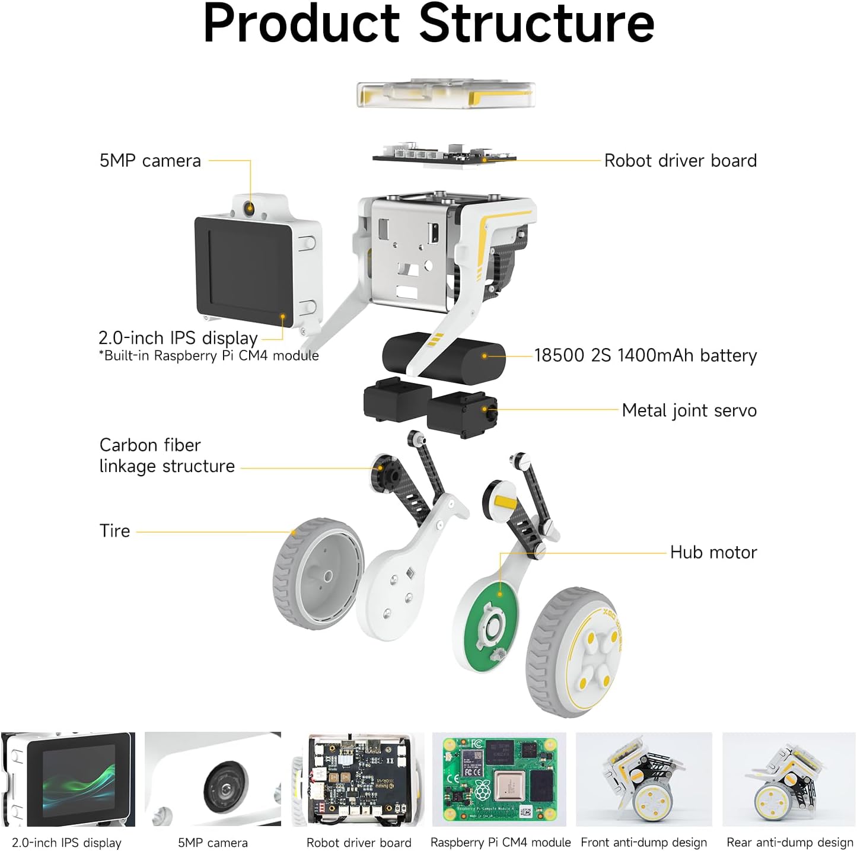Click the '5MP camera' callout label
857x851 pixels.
(150, 161)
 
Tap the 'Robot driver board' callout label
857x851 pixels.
(680, 161)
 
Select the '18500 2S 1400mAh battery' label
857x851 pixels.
(645, 355)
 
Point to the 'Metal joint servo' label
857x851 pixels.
(689, 410)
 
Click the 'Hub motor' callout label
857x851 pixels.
(713, 552)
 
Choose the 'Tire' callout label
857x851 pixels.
(114, 531)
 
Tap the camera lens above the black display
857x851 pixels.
(249, 208)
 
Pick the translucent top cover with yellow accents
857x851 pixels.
(446, 95)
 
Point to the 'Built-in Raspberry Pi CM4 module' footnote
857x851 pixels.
(209, 356)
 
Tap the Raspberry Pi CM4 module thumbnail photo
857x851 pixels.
(499, 779)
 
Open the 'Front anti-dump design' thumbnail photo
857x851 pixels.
(643, 779)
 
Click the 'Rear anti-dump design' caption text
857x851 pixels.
(789, 843)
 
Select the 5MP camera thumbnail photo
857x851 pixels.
(213, 779)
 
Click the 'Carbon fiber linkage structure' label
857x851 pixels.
(167, 455)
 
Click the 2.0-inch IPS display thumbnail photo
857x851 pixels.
(68, 779)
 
